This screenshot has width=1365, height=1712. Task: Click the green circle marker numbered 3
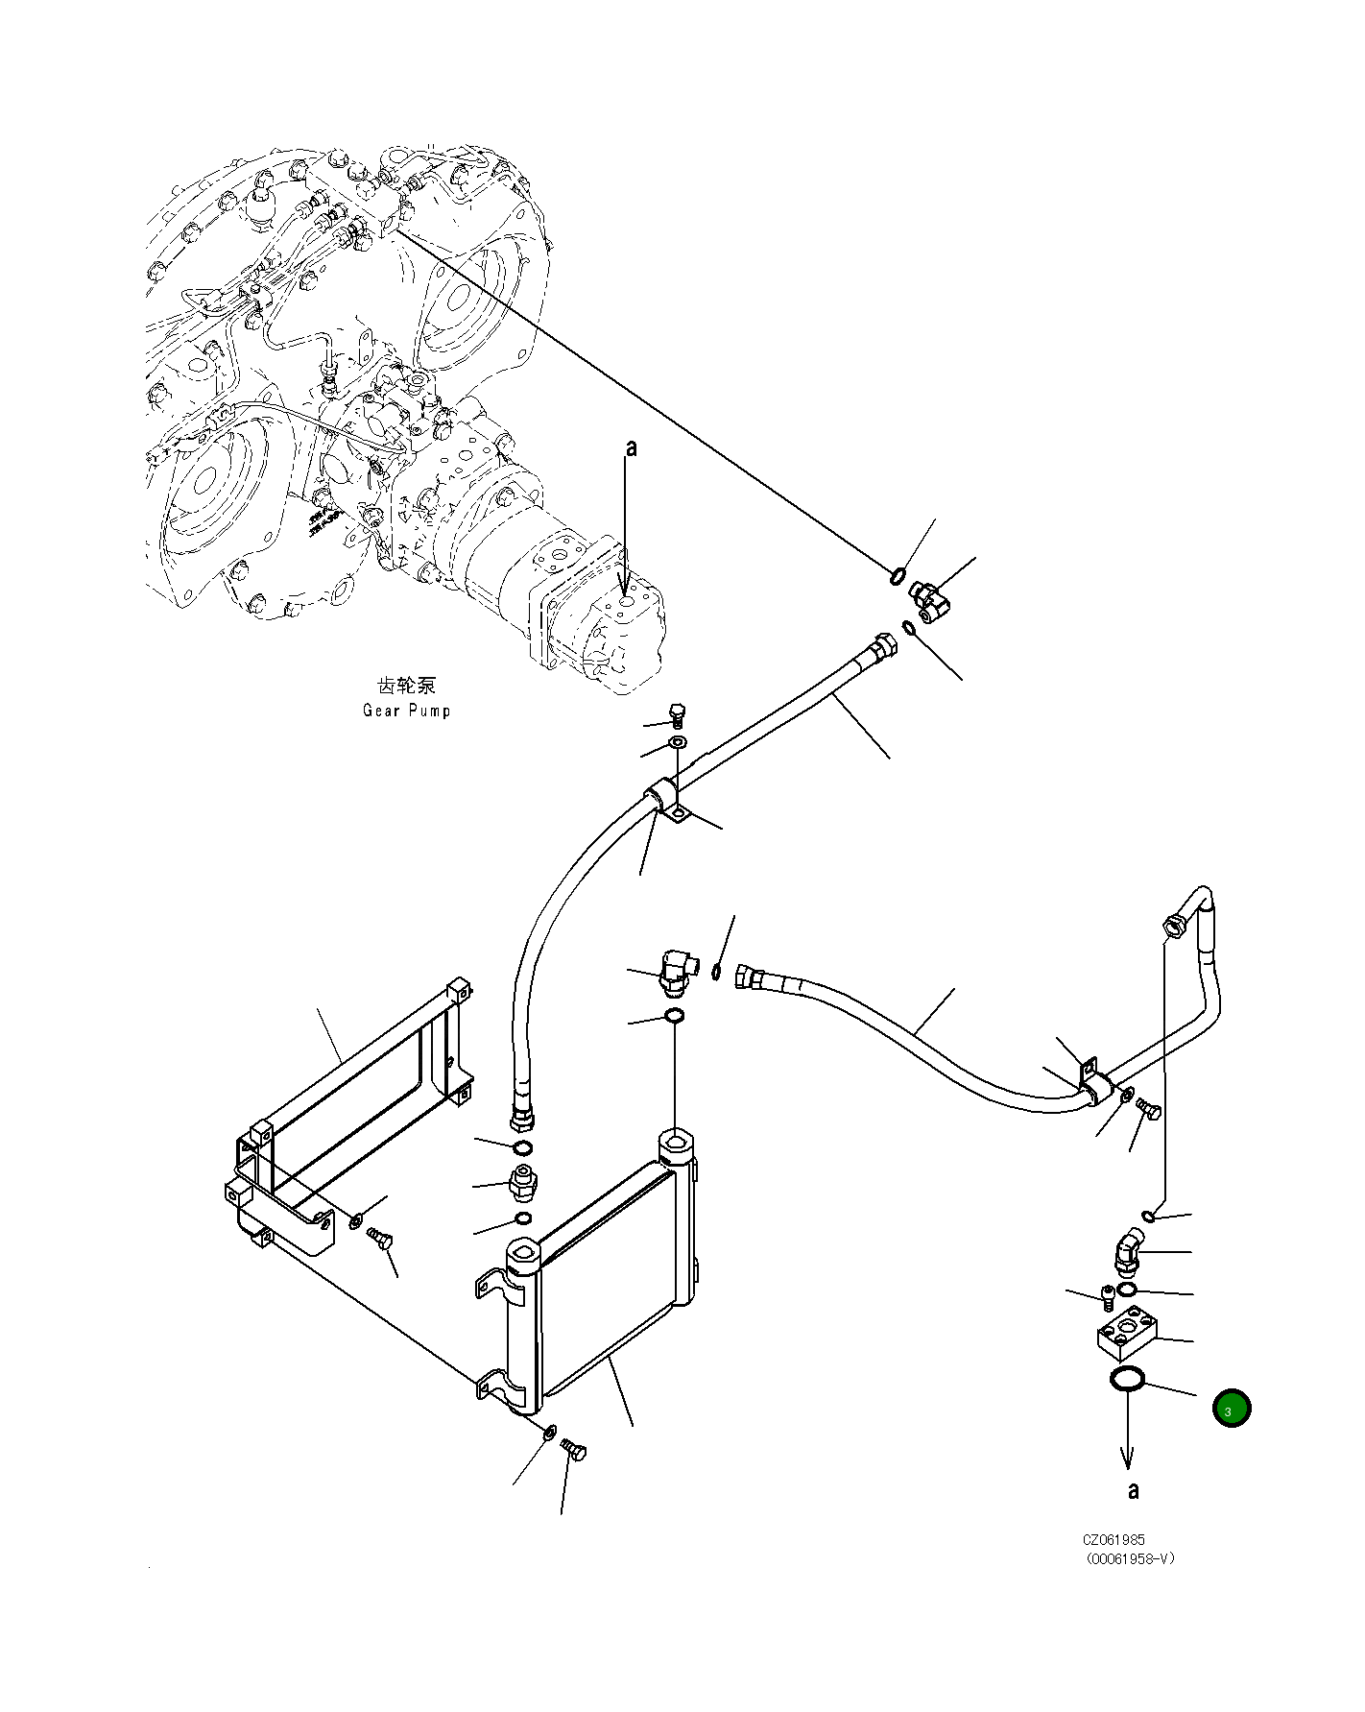[x=1231, y=1409]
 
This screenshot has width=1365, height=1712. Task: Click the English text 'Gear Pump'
[x=406, y=711]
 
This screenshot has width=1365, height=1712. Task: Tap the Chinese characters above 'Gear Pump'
[x=406, y=685]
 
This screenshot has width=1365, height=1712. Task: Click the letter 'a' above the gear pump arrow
[x=631, y=448]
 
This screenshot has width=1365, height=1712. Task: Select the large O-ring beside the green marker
[x=1126, y=1380]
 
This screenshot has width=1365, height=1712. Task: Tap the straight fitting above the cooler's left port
[x=523, y=1183]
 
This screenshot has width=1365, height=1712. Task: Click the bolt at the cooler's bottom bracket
[x=575, y=1451]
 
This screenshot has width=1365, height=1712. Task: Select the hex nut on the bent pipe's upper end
[x=1172, y=928]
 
